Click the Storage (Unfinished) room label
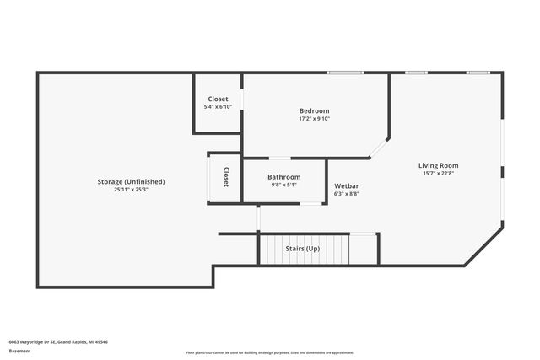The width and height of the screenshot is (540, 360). tap(132, 182)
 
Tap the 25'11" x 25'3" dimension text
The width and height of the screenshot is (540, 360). tap(132, 190)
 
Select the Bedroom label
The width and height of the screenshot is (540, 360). tap(314, 111)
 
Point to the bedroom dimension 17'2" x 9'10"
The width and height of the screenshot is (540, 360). tap(314, 119)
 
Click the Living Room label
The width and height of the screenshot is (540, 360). tap(439, 165)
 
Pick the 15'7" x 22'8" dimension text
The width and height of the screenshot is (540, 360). tap(439, 174)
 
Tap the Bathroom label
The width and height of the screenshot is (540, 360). tap(284, 177)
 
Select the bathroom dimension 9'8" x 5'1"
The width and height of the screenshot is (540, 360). tap(284, 185)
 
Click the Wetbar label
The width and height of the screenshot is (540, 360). tap(347, 185)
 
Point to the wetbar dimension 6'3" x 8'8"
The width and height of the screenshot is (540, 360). tap(347, 193)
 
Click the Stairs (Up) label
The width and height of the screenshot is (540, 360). tap(302, 249)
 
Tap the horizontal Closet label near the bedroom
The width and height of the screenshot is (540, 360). tap(218, 99)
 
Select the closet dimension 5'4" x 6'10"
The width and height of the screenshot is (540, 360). tap(218, 107)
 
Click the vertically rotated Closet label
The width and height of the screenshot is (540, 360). tap(226, 177)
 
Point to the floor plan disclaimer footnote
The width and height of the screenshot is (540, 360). tap(270, 352)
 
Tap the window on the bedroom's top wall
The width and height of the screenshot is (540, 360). tap(340, 73)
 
